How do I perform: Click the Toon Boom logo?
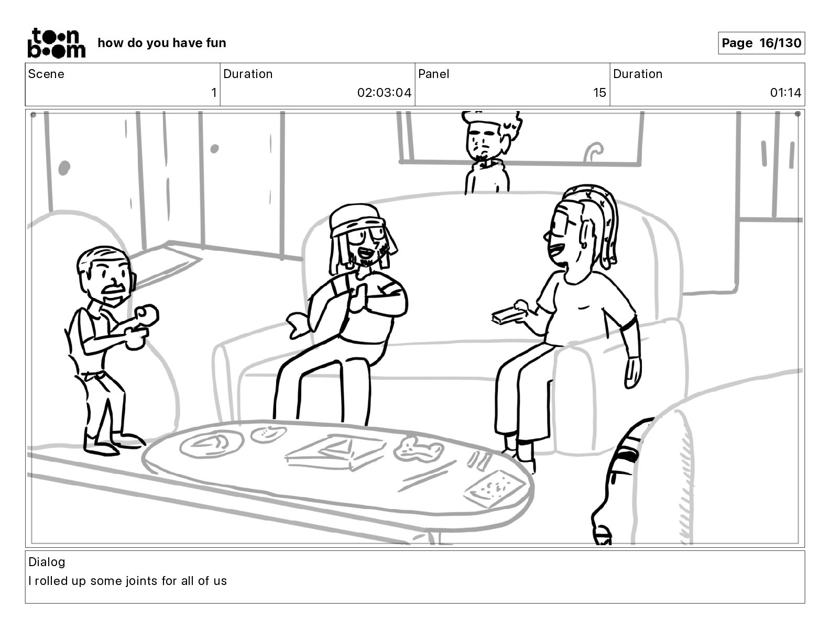coord(57,43)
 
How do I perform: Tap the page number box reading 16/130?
coord(761,43)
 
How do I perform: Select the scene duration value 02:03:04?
coord(384,93)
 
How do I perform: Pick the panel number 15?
coord(599,93)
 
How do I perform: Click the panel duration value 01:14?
coord(785,93)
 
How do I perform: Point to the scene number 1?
coord(214,93)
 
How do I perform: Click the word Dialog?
coord(47,562)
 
